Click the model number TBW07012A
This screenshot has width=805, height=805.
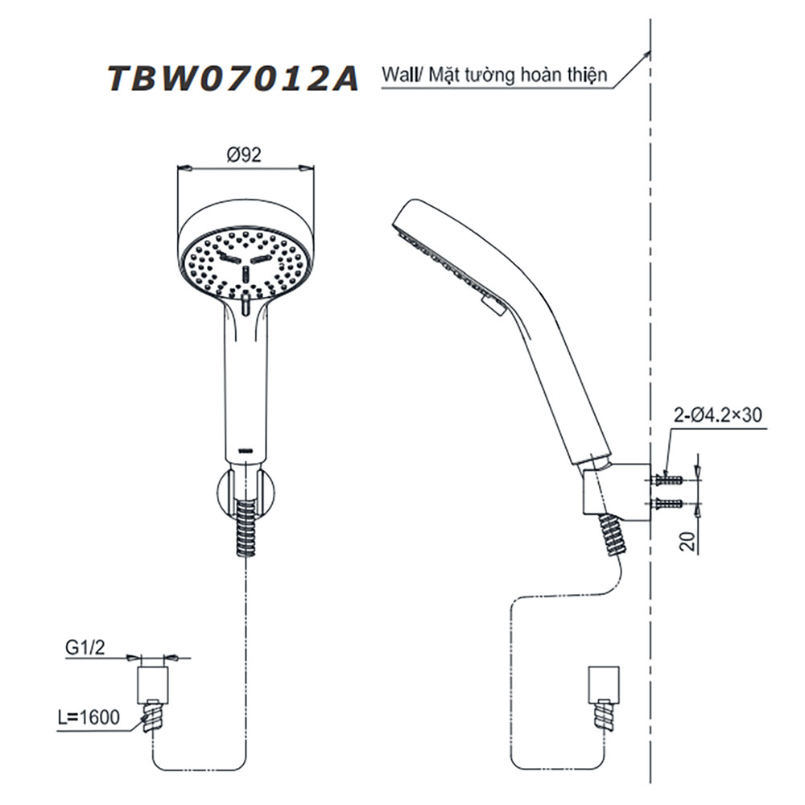(x=233, y=79)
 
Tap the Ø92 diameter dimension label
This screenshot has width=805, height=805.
(x=245, y=155)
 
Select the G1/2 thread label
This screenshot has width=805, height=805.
(x=85, y=647)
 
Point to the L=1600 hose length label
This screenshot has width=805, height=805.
(x=89, y=716)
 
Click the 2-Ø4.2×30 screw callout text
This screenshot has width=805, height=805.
(x=718, y=415)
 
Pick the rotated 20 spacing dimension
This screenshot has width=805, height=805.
(x=688, y=541)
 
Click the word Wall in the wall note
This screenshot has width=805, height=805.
(x=398, y=75)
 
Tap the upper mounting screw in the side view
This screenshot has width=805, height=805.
(x=667, y=481)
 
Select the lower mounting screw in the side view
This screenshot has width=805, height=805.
(x=667, y=504)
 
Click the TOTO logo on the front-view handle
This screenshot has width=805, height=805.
(x=246, y=452)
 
